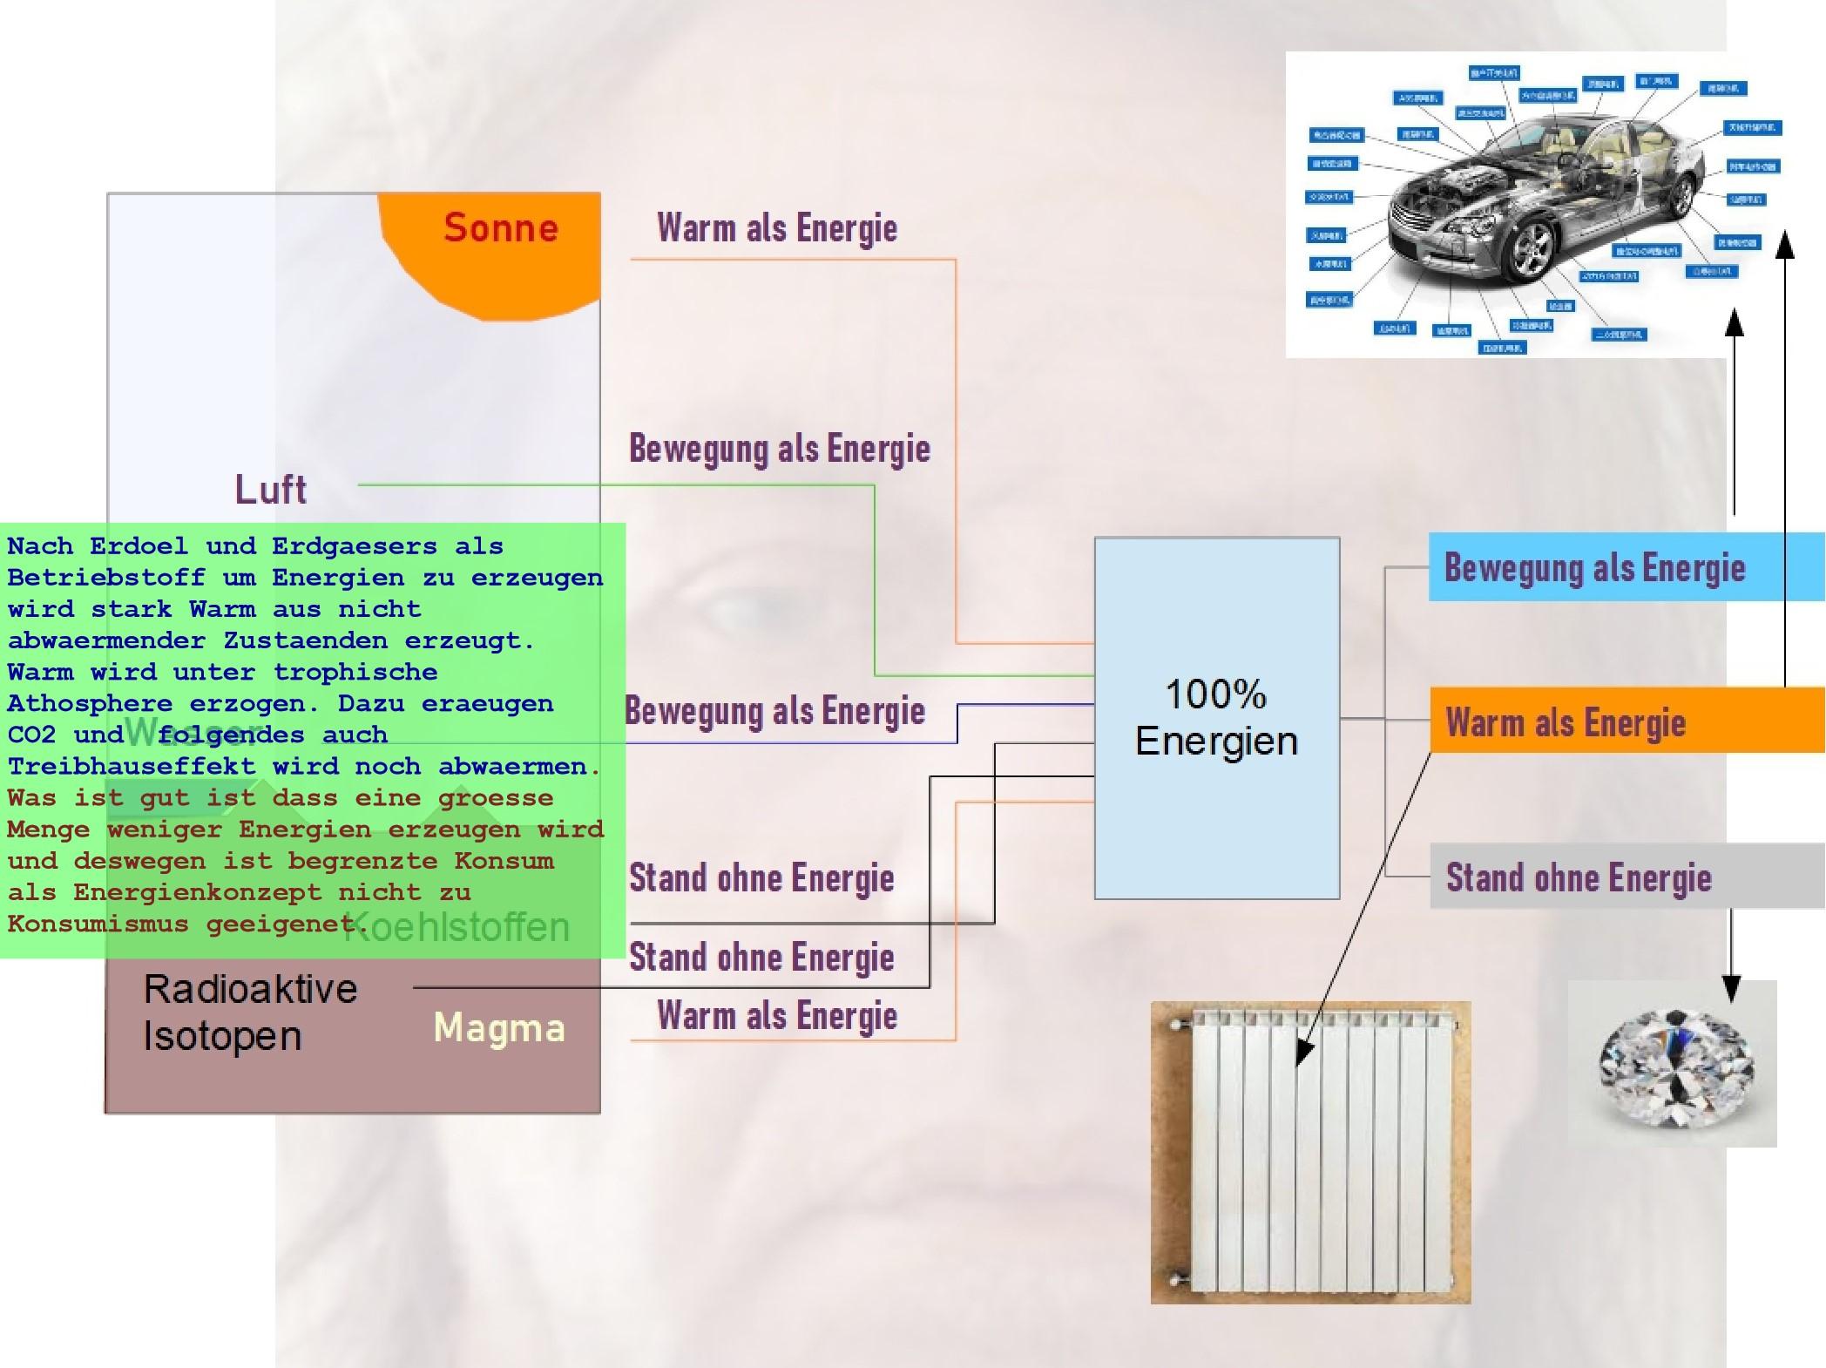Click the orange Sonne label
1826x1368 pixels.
tap(500, 228)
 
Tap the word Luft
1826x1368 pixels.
tap(271, 490)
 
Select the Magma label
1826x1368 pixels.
tap(499, 1028)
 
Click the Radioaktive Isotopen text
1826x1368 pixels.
tap(250, 1012)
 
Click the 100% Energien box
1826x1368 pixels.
tap(1216, 718)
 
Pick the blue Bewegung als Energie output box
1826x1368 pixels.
tap(1626, 568)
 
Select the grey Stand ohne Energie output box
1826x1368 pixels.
tap(1626, 877)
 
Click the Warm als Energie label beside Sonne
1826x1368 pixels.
tap(777, 228)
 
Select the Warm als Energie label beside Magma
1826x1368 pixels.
tap(777, 1016)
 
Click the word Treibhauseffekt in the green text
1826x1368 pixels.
tap(132, 767)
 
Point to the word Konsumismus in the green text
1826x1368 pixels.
tap(98, 924)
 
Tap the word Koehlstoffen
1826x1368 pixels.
tap(458, 927)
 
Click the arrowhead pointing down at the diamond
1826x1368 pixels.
tap(1731, 988)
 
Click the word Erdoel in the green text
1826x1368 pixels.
tap(139, 546)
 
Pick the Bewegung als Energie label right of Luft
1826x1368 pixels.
tap(780, 449)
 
